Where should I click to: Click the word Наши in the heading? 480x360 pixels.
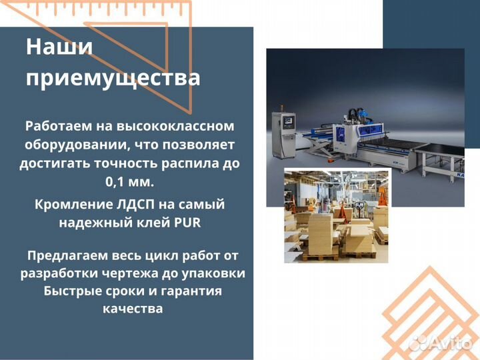tap(59, 48)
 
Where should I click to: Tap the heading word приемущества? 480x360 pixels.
tap(113, 79)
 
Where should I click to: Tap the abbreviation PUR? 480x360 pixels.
tap(187, 223)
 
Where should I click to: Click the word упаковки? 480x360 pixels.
tap(217, 273)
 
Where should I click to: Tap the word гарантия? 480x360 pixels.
tap(193, 291)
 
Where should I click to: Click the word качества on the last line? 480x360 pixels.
tap(132, 309)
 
